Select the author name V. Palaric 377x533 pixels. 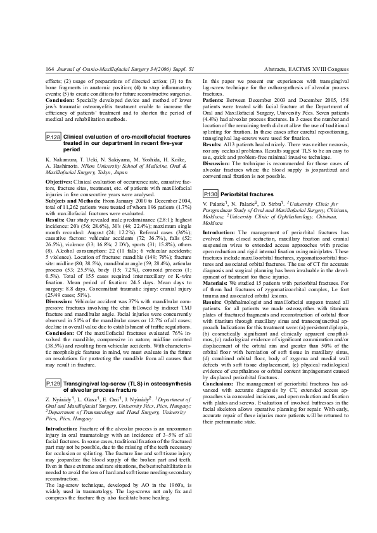coord(215,206)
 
